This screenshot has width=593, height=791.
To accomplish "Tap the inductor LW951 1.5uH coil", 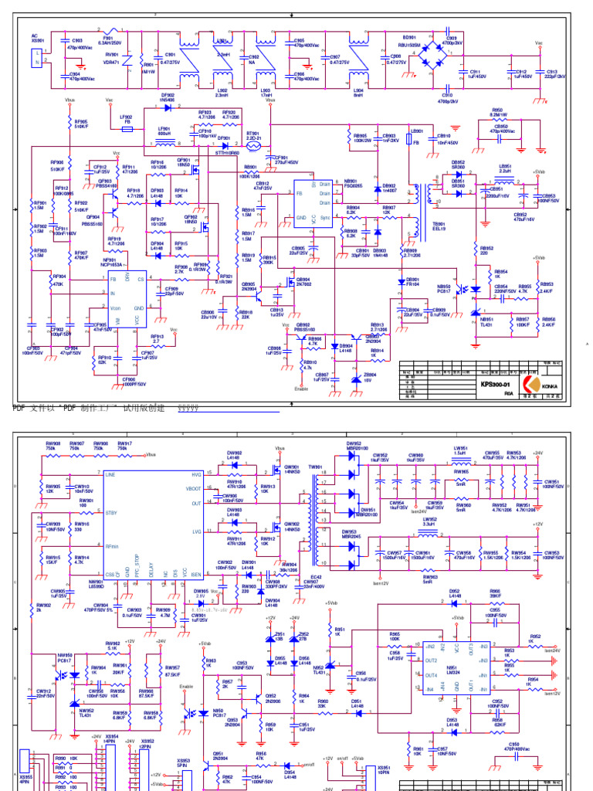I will (x=462, y=458).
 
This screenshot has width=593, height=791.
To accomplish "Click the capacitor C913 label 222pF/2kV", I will (x=555, y=76).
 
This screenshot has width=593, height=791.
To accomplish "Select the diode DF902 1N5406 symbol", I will (x=168, y=107).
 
